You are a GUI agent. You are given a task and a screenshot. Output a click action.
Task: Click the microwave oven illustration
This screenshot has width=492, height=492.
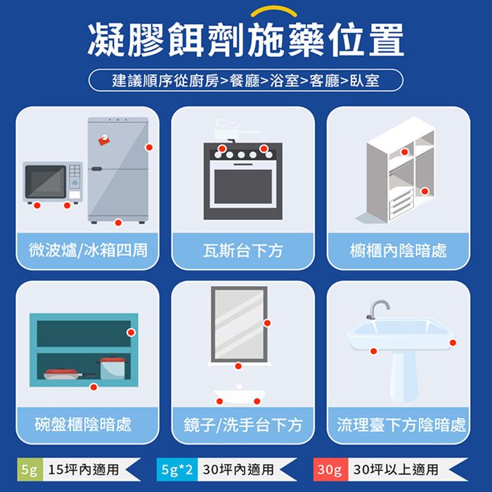(53, 183)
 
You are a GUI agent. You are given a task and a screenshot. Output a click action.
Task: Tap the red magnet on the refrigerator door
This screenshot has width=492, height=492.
(104, 140)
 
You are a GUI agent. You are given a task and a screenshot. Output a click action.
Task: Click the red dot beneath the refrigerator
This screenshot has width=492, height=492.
(118, 223)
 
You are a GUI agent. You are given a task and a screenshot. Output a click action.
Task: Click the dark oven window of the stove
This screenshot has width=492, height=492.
(243, 187)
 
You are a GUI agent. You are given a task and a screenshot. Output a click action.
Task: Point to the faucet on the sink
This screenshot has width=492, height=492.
(378, 309)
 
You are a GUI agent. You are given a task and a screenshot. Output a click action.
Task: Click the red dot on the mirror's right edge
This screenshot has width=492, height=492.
(267, 323)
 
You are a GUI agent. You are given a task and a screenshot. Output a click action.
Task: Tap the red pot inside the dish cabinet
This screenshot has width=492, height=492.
(113, 368)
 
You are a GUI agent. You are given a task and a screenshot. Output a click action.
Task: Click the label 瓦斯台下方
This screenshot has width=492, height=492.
(243, 251)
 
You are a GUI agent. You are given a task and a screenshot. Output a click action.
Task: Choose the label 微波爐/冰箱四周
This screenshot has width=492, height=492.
(88, 250)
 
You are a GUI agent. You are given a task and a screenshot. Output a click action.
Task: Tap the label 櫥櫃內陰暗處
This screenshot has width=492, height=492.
(399, 251)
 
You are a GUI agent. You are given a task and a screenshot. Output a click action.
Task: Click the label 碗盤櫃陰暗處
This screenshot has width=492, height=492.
(83, 425)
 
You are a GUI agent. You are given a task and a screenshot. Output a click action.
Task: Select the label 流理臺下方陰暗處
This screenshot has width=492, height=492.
(401, 425)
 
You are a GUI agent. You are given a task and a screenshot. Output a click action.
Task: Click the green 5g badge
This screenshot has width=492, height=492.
(30, 470)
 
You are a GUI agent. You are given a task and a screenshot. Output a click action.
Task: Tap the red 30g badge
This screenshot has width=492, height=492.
(330, 470)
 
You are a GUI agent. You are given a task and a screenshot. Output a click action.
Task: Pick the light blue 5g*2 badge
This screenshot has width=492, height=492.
(177, 470)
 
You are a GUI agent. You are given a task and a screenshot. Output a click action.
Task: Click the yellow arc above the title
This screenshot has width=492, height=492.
(274, 11)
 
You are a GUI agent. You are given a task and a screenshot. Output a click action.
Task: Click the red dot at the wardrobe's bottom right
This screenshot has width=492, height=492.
(425, 191)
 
